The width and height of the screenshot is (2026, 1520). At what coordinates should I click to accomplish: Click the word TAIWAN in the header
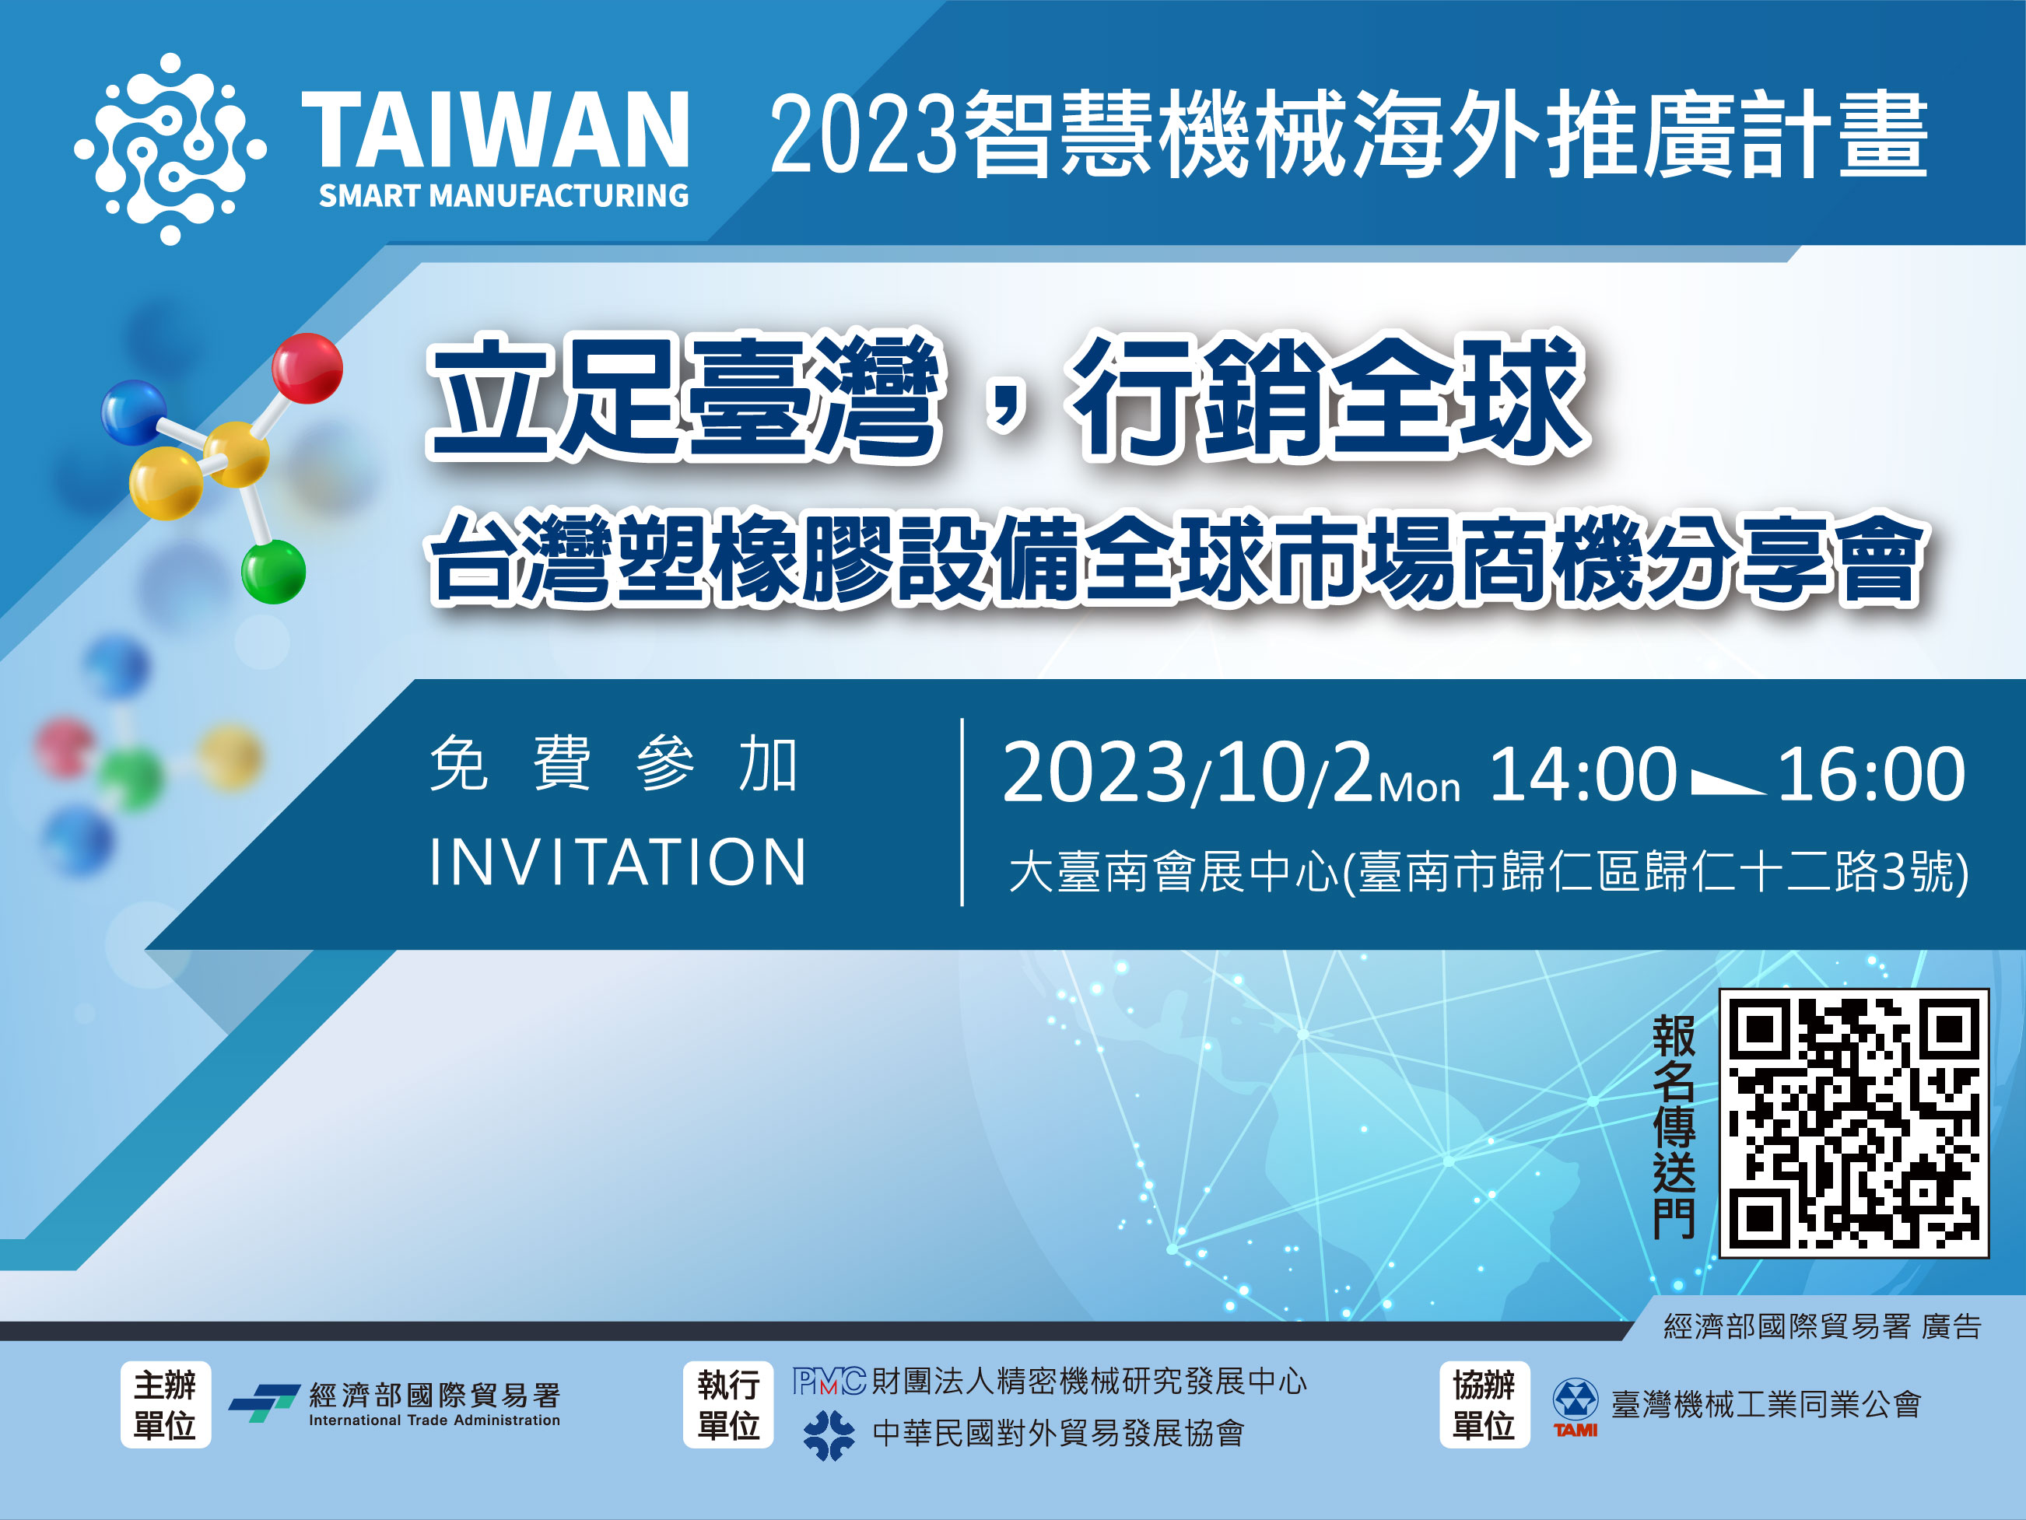tap(496, 129)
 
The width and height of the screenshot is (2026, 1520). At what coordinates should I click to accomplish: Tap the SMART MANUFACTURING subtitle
tap(503, 196)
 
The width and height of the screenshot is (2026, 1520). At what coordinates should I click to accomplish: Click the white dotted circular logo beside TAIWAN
tap(170, 149)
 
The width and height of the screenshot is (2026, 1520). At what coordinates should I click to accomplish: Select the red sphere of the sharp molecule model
tap(308, 368)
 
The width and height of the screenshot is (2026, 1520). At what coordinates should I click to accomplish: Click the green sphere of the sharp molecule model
tap(273, 573)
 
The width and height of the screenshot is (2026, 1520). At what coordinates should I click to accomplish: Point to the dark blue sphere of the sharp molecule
tap(134, 413)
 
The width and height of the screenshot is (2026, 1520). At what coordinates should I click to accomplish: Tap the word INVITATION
tap(617, 863)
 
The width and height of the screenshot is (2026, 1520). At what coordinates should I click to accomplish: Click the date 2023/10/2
tap(1187, 775)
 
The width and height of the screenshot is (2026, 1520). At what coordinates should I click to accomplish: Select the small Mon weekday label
tap(1419, 788)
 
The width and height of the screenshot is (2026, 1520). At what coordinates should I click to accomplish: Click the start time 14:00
tap(1583, 775)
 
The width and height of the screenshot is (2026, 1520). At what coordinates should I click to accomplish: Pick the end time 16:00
tap(1871, 775)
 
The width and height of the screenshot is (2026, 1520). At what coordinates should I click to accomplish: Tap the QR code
tap(1854, 1123)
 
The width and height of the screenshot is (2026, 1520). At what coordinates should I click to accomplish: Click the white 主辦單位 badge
tap(166, 1405)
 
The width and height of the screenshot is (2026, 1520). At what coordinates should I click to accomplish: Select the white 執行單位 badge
tap(728, 1405)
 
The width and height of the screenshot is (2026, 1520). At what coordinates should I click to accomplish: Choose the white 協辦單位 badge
tap(1484, 1405)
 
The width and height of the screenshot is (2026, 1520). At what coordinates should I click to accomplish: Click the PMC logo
tap(829, 1381)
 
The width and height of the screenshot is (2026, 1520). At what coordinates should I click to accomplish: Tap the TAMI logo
tap(1576, 1407)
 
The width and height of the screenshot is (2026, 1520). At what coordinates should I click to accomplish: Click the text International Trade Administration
tap(434, 1420)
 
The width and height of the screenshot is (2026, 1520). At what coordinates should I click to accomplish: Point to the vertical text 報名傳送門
tap(1674, 1126)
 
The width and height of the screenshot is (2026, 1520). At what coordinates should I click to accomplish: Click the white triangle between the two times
tap(1727, 783)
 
